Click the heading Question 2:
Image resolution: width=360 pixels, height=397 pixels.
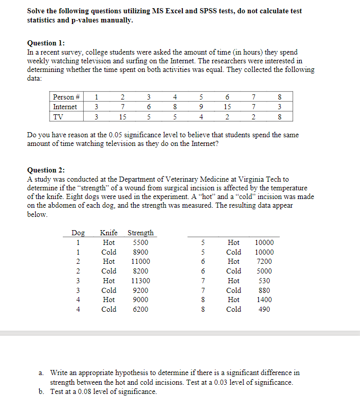coord(46,170)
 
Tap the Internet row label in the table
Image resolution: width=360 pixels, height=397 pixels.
coord(65,107)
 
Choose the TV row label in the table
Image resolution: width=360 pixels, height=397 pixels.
coord(59,116)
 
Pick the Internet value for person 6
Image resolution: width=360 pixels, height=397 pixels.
coord(227,107)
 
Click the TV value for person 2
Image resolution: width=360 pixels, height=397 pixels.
coord(123,116)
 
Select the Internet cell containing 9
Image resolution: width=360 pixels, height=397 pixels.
coord(201,107)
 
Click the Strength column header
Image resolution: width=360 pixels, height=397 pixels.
coord(140,233)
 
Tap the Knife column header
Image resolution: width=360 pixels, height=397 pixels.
coord(109,233)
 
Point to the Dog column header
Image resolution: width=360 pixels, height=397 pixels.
coord(78,233)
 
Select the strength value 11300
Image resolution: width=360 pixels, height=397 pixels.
coord(140,281)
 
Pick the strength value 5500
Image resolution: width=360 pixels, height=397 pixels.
coord(140,243)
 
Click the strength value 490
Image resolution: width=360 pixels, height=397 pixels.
coord(265,309)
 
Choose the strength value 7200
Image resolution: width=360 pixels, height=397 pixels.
coord(265,262)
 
